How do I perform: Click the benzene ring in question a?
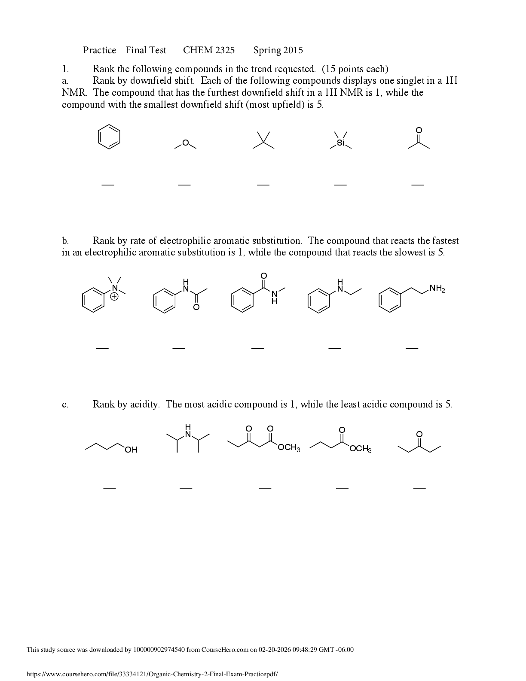click(x=109, y=137)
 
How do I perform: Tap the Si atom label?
click(x=340, y=143)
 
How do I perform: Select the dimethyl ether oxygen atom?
click(x=185, y=143)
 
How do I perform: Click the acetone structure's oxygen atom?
click(x=419, y=130)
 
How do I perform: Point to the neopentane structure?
click(x=263, y=141)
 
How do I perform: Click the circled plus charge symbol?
click(x=114, y=296)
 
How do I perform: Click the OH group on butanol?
click(x=131, y=450)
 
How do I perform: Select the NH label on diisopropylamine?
click(x=188, y=431)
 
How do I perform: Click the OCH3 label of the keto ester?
click(x=289, y=448)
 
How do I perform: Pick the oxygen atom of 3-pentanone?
click(x=419, y=434)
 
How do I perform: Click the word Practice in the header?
click(x=100, y=50)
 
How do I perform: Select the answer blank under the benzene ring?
click(x=108, y=185)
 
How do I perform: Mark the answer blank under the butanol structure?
click(x=110, y=488)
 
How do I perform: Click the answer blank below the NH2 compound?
click(x=412, y=348)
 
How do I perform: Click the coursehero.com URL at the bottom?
click(x=152, y=674)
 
